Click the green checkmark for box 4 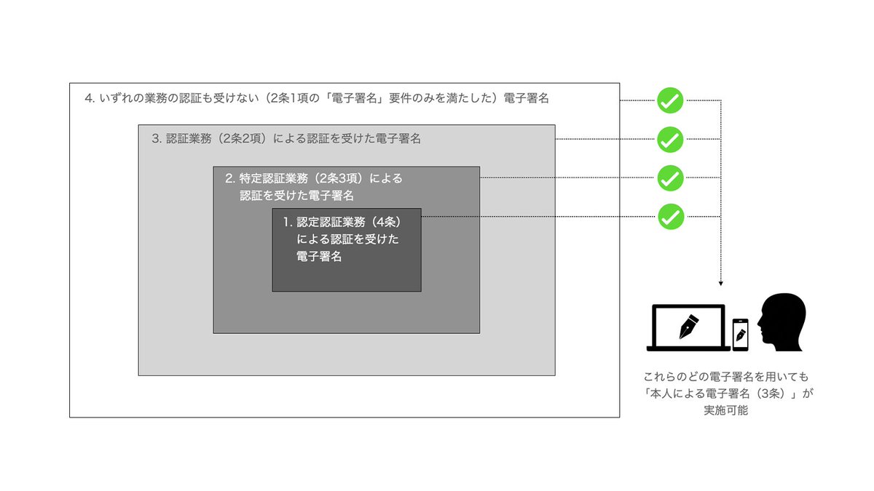click(x=670, y=101)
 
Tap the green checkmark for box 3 click(x=670, y=139)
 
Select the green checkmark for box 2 click(x=670, y=177)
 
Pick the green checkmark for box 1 click(x=670, y=216)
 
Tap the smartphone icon click(x=741, y=334)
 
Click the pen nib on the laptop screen click(x=688, y=325)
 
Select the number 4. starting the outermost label click(x=90, y=99)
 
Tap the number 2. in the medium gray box click(x=230, y=178)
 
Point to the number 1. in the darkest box click(x=288, y=221)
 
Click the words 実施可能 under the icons click(x=726, y=410)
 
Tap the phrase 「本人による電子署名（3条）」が click(x=726, y=394)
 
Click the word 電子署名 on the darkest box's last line click(x=319, y=256)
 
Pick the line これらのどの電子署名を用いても click(x=726, y=378)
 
